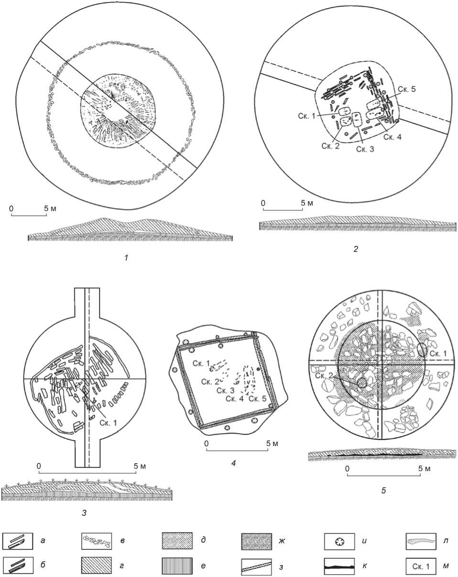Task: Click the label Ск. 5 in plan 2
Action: [406, 89]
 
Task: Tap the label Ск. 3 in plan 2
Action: [365, 149]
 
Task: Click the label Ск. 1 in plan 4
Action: [201, 363]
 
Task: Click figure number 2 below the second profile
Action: [356, 249]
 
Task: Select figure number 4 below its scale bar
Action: [234, 463]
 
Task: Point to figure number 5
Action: [383, 490]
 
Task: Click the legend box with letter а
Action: [18, 541]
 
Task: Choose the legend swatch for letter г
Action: [96, 566]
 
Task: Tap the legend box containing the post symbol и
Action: [339, 541]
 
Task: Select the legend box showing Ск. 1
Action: [420, 566]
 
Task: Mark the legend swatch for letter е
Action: [177, 566]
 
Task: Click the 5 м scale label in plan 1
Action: [50, 208]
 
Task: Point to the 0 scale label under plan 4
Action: [206, 443]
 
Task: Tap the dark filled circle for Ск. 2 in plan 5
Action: [362, 383]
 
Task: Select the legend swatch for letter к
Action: [339, 566]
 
